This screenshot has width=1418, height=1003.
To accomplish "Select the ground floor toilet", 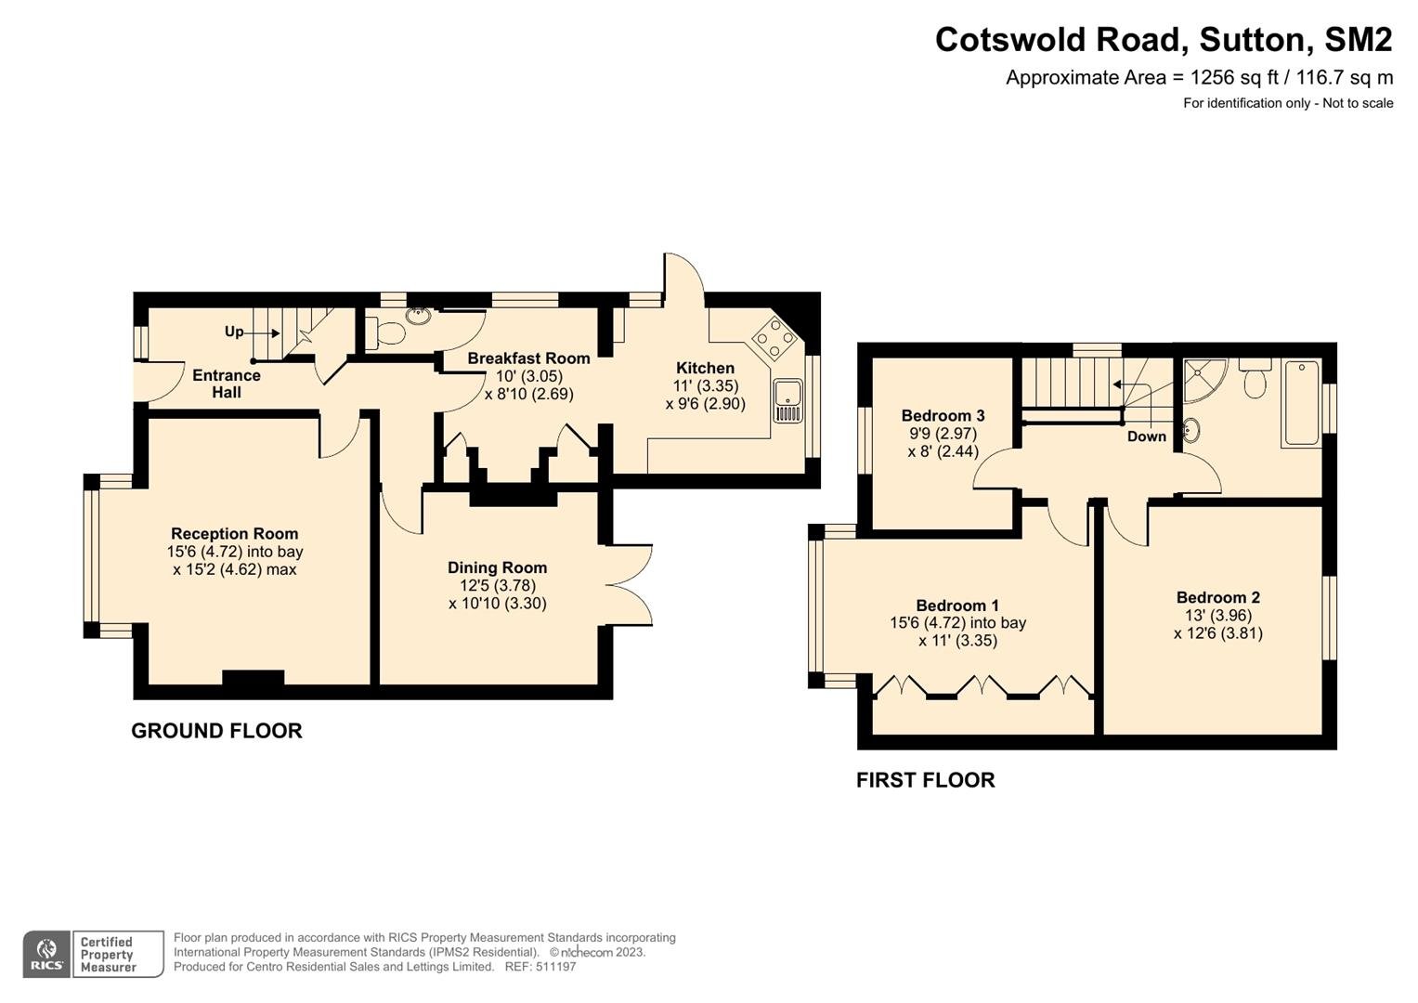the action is (384, 332).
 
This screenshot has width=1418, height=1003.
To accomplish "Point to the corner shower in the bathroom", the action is (1204, 380).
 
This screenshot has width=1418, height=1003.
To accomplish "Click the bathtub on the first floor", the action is (1301, 403).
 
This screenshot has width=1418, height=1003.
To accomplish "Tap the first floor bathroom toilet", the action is (1255, 379).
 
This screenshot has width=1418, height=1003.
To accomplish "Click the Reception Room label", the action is (234, 534).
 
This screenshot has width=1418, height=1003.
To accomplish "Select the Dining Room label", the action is (497, 567).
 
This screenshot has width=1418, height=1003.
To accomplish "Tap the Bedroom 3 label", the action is (943, 416).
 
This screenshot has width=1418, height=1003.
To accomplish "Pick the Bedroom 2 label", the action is (1218, 597).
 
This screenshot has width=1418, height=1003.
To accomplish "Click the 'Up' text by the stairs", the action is (234, 332).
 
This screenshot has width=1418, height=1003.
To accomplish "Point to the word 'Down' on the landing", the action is (1147, 436).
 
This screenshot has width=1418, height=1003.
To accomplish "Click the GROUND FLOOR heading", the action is (216, 731).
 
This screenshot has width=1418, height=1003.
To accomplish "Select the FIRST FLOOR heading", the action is (926, 780).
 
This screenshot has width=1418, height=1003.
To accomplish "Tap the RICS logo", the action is (46, 955).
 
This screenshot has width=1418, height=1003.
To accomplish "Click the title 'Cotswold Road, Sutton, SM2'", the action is (1164, 40).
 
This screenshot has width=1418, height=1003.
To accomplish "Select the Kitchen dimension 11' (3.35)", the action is (705, 385).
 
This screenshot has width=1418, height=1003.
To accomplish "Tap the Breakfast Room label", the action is (528, 358).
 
